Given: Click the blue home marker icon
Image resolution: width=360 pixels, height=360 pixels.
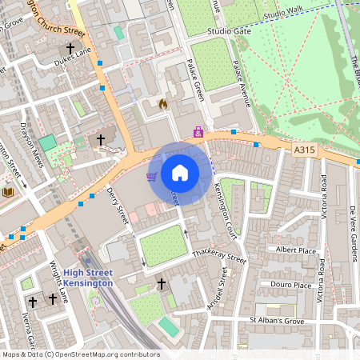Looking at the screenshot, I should point(180,173).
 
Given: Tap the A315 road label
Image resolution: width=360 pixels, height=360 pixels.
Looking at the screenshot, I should point(304,149).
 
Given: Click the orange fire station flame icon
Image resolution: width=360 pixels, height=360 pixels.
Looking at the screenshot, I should point(163,104).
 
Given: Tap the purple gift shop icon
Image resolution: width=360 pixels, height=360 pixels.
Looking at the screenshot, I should point(198,131).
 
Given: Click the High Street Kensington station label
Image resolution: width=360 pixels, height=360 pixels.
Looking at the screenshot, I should point(88,278).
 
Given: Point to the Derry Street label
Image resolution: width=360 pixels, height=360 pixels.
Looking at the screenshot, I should point(123,212).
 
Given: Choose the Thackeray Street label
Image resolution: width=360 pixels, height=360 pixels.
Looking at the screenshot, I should point(219,257).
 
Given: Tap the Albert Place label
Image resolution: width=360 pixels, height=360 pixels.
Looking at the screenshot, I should point(295,250).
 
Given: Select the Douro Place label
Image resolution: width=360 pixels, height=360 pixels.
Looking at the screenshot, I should point(290,285).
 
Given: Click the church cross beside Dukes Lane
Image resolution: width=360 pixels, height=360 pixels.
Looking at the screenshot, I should point(70,48).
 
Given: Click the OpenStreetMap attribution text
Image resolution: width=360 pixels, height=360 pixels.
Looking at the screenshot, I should point(80,354).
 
